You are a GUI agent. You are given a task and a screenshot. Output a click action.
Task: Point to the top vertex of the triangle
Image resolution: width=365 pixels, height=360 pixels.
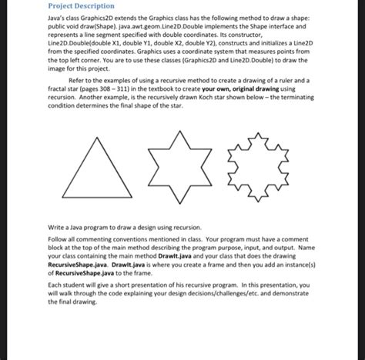(102, 160)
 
